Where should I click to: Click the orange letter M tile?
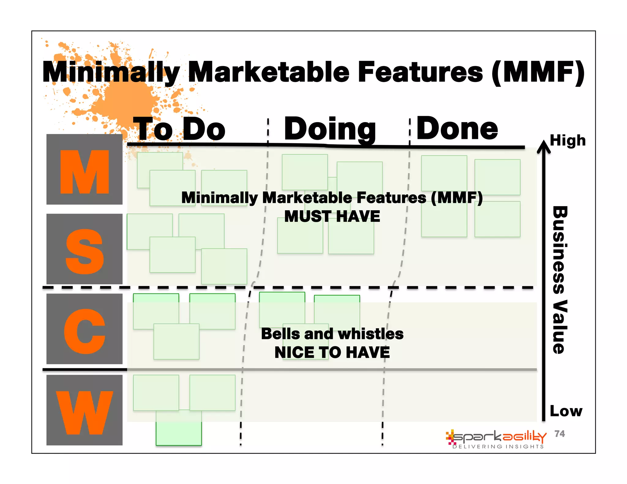pos(84,169)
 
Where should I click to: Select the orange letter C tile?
pos(84,329)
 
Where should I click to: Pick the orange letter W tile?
pos(84,410)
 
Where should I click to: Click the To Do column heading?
pos(179,129)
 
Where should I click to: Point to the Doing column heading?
pos(330,129)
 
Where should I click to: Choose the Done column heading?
pos(457,129)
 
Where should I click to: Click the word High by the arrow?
pos(568,140)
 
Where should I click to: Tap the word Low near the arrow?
pos(566,411)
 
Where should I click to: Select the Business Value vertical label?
pos(560,280)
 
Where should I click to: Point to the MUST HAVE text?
pos(332,216)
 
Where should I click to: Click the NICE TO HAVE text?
pos(332,352)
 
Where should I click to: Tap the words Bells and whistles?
pos(332,334)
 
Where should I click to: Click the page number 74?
pos(560,434)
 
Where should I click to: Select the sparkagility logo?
pos(496,437)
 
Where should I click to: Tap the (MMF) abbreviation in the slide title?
pos(538,72)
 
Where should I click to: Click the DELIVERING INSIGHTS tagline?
pos(498,447)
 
